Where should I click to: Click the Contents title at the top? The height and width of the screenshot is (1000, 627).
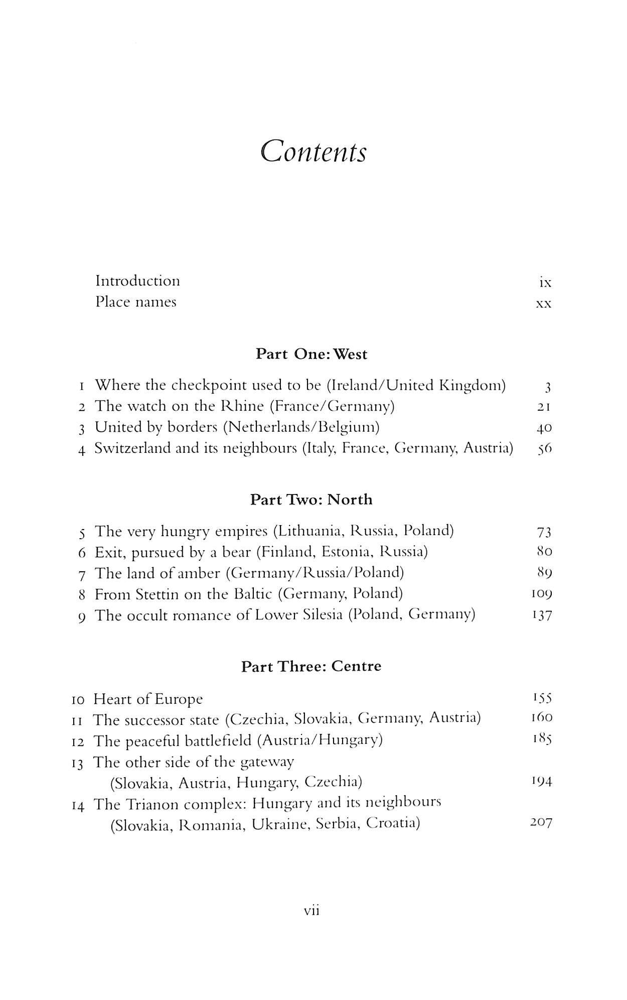[314, 151]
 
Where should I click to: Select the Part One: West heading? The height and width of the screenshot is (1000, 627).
[311, 354]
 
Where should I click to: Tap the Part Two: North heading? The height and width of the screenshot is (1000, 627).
[311, 499]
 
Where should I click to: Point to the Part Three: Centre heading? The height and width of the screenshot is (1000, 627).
[311, 666]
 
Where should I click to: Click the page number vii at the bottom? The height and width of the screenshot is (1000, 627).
[312, 910]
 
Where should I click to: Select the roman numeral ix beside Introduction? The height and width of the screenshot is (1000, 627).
[545, 283]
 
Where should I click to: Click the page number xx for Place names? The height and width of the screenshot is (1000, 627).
[544, 304]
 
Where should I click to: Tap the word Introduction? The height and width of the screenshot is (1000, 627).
[137, 281]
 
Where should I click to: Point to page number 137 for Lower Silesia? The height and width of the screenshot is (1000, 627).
[542, 616]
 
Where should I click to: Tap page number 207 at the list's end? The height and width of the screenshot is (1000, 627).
[541, 823]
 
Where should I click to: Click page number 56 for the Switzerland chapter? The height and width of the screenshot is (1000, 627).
[544, 449]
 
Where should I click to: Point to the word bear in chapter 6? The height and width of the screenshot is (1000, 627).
[236, 552]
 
